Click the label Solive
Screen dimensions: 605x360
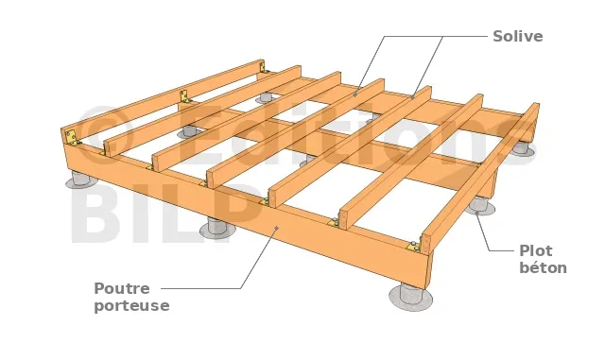(518, 36)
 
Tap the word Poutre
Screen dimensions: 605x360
(122, 288)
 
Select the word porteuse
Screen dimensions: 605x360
(131, 305)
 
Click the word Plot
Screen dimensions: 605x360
(536, 250)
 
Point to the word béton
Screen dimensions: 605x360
(543, 267)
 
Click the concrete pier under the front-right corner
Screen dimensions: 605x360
(411, 297)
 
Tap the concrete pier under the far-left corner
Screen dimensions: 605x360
(81, 180)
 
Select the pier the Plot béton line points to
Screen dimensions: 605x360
(479, 205)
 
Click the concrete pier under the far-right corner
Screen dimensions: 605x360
(523, 149)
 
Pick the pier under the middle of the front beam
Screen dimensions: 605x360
(217, 228)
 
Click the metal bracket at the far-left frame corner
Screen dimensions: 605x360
(72, 136)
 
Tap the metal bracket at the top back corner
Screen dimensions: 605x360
(264, 68)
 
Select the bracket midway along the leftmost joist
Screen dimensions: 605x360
(184, 96)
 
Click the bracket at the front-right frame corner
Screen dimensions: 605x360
(414, 247)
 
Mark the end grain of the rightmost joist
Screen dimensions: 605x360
(426, 243)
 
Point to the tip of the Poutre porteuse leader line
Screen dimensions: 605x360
(277, 228)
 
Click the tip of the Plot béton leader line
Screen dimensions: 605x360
(476, 212)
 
